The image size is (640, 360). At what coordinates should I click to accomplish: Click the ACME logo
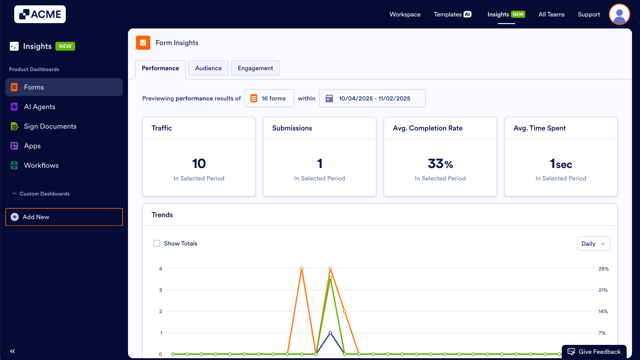(x=40, y=14)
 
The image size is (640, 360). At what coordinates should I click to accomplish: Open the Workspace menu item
(x=405, y=14)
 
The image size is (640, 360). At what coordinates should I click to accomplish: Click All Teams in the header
(x=552, y=14)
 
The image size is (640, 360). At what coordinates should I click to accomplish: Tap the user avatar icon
(x=619, y=14)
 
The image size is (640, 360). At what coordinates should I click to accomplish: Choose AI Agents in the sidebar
(x=40, y=107)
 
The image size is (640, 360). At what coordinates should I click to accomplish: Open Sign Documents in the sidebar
(x=50, y=126)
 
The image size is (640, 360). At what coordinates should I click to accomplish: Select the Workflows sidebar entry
(x=41, y=165)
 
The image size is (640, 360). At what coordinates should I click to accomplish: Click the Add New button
(x=64, y=217)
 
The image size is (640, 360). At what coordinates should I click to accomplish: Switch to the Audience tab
(x=208, y=68)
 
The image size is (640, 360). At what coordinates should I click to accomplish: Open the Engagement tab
(x=255, y=68)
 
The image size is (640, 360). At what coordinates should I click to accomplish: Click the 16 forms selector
(x=269, y=98)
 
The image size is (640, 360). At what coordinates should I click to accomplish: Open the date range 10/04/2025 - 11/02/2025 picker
(x=372, y=98)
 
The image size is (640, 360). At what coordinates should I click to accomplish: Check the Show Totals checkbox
(x=157, y=244)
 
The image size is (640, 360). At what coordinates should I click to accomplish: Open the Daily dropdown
(x=593, y=244)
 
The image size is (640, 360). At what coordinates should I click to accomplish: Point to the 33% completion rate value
(x=440, y=164)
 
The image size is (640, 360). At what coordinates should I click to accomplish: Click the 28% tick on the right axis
(x=603, y=269)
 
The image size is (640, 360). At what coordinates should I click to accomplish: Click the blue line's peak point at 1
(x=330, y=332)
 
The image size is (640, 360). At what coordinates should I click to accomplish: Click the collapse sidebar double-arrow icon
(x=12, y=351)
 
